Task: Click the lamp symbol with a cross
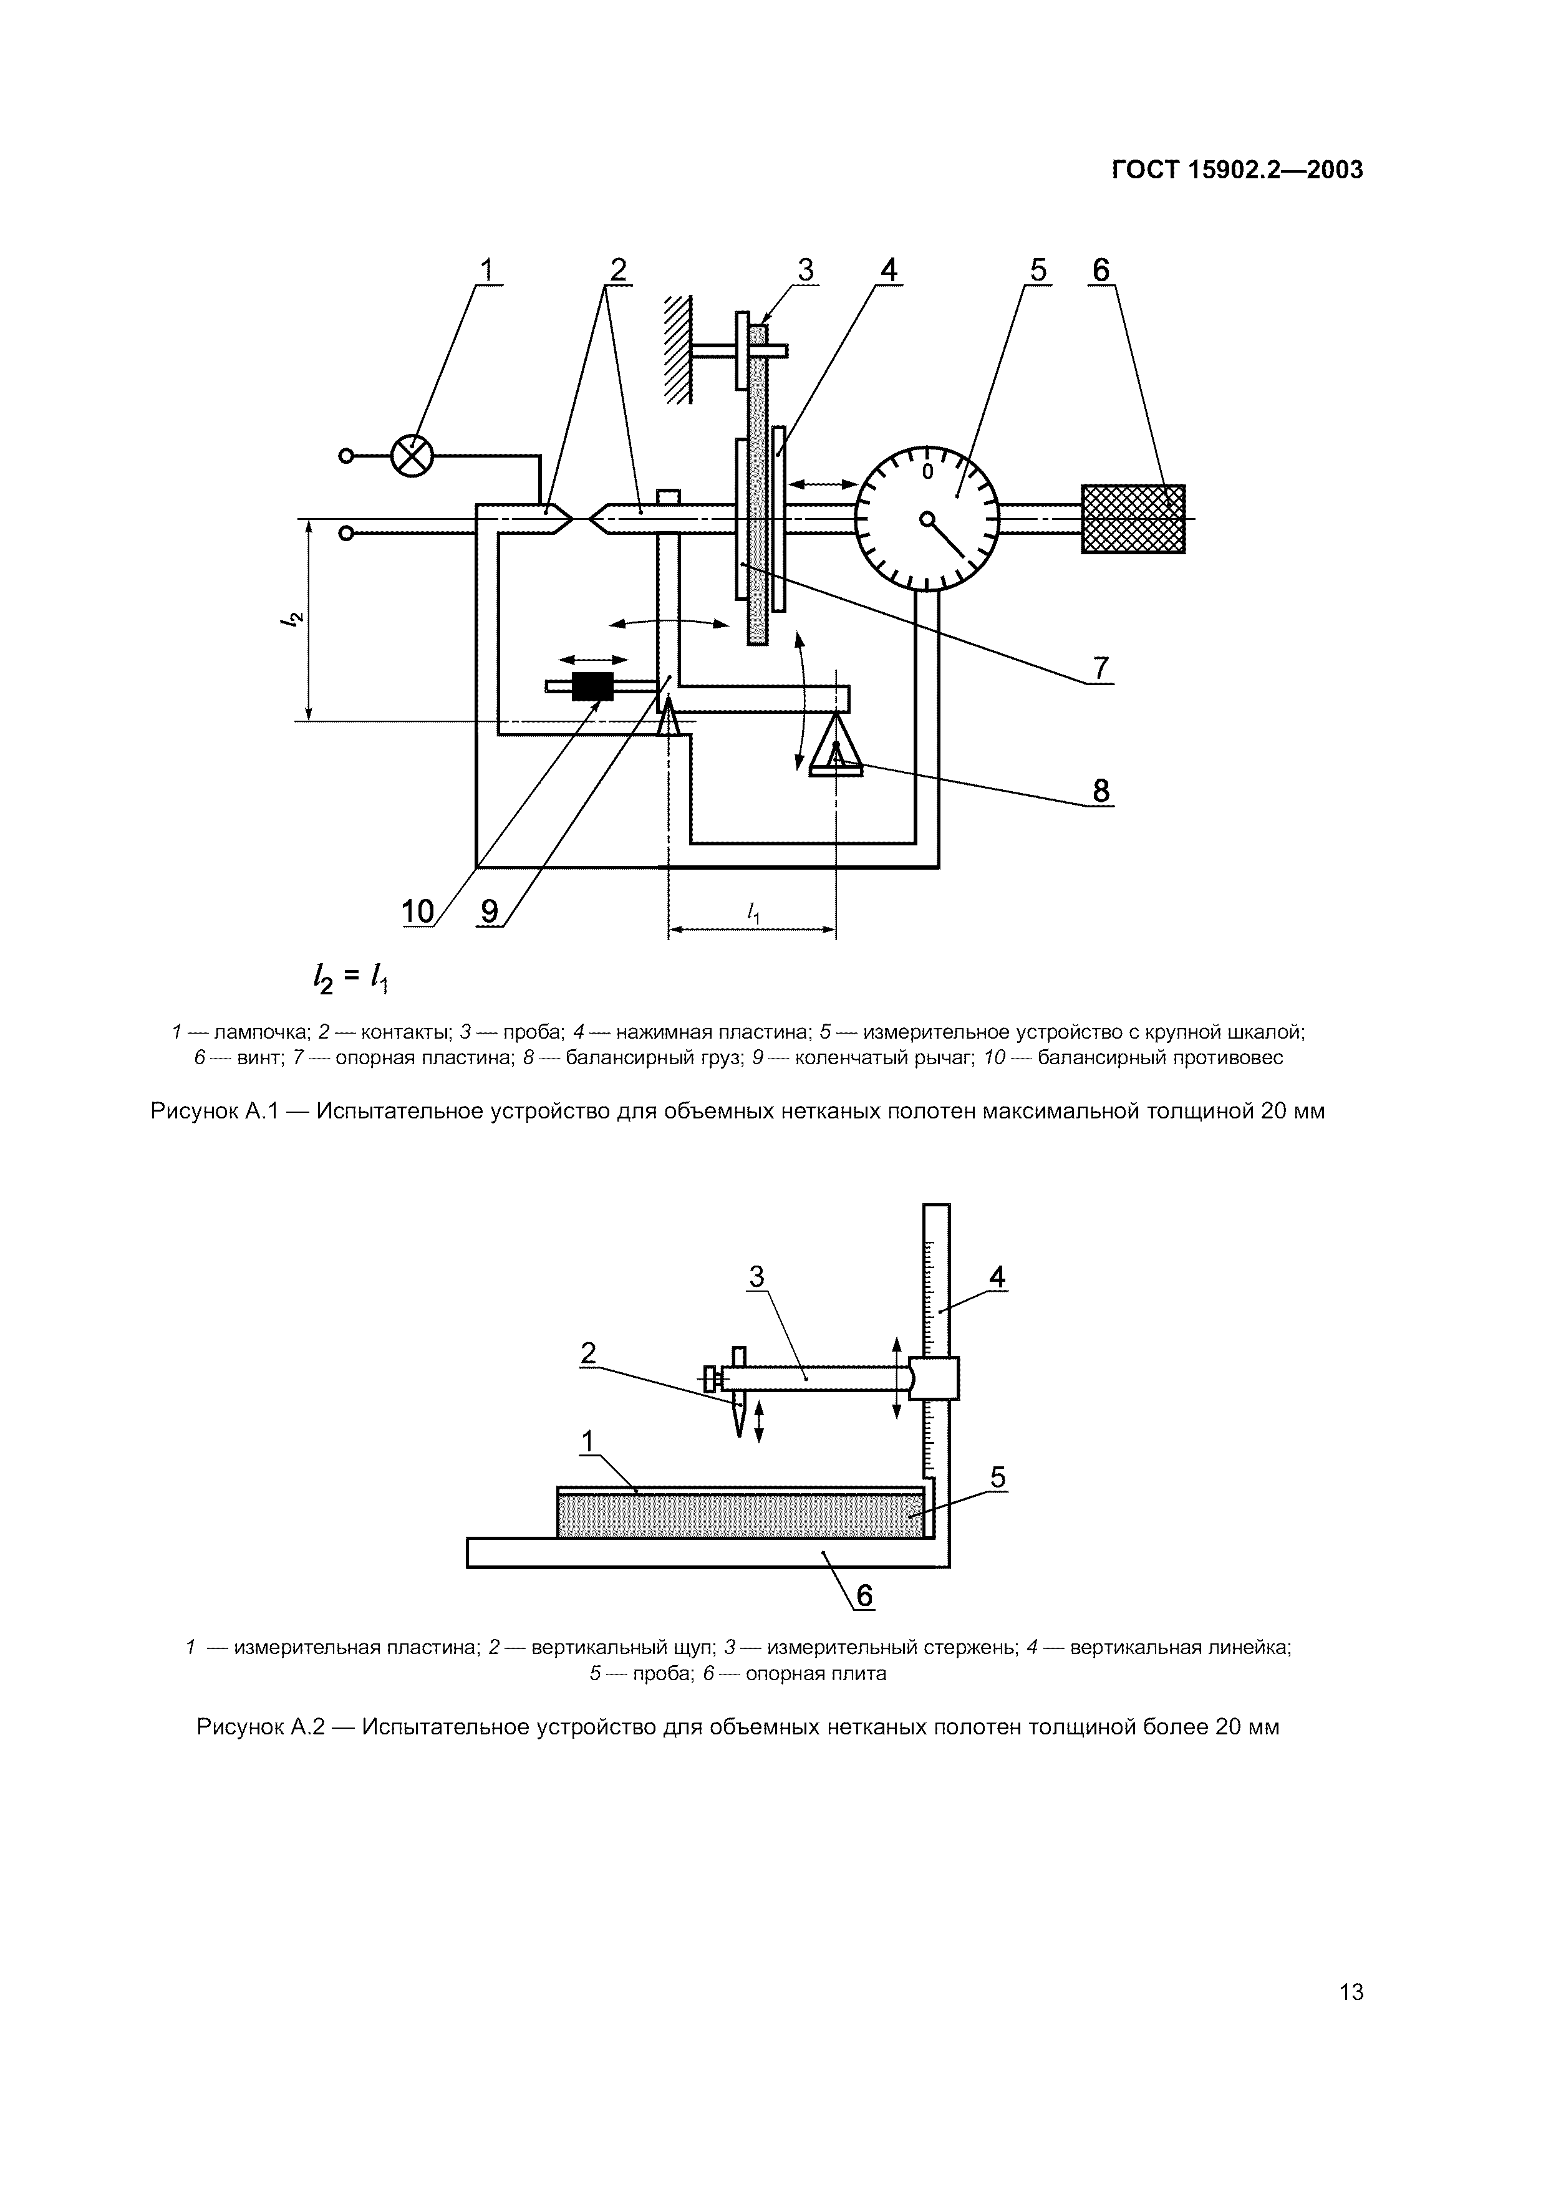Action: point(412,456)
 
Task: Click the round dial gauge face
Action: point(927,519)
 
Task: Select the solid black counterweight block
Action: point(592,686)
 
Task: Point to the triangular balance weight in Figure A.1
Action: point(836,746)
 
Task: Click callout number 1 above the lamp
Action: point(487,271)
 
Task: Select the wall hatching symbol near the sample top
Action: point(677,350)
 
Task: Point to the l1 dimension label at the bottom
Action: point(753,913)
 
